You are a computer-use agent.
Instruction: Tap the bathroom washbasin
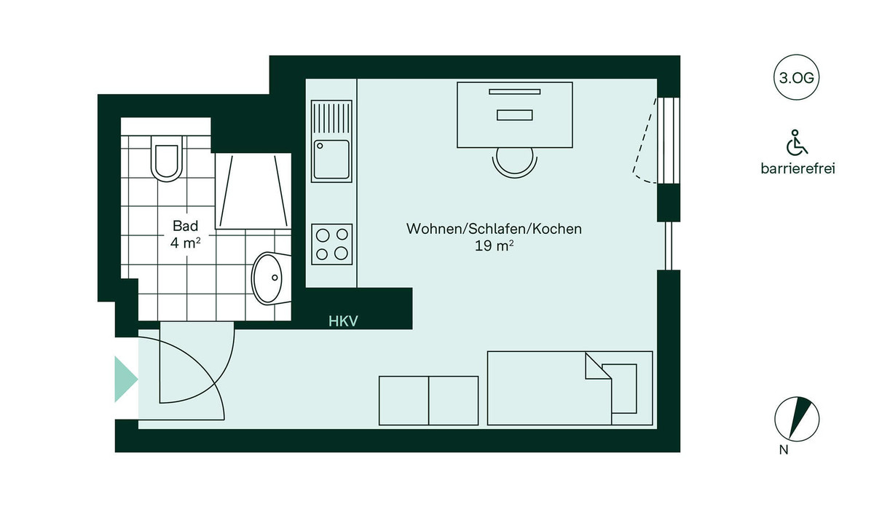tap(270, 278)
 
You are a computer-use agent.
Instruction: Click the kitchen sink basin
tap(331, 160)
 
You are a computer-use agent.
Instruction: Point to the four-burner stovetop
tap(332, 243)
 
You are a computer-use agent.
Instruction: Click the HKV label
tap(343, 321)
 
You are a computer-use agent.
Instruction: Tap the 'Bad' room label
tap(185, 226)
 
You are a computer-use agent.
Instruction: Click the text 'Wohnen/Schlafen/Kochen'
tap(494, 229)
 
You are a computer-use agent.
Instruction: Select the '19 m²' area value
tap(494, 246)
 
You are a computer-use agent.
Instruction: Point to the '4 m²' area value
tap(185, 243)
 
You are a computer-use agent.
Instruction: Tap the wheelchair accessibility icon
tap(797, 143)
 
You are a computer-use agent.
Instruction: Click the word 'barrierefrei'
tap(797, 169)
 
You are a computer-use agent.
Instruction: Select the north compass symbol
tap(797, 419)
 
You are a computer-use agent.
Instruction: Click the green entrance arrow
tap(126, 379)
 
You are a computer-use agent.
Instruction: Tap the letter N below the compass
tap(784, 450)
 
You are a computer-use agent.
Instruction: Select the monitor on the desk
tap(515, 91)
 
